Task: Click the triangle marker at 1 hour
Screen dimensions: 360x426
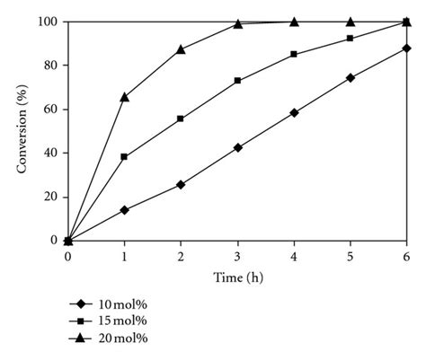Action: coord(124,96)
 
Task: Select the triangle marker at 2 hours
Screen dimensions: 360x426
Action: coord(181,49)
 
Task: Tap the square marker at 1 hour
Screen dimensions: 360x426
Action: coord(124,157)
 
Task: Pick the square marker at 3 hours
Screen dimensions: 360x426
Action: coord(237,81)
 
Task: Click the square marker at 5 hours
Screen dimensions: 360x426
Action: coord(350,39)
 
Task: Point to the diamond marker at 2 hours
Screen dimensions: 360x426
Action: coord(181,184)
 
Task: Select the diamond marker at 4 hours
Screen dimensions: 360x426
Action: coord(294,112)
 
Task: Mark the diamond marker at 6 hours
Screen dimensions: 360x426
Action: coord(406,48)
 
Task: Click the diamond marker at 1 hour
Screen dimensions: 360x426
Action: coord(124,210)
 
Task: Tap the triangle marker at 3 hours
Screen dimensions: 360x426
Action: coord(237,23)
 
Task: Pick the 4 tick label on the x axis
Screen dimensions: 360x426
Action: coord(294,257)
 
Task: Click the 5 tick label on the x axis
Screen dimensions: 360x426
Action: coord(350,257)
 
